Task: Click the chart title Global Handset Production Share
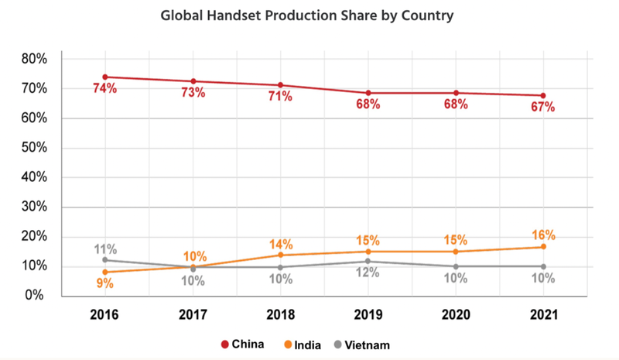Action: (x=309, y=14)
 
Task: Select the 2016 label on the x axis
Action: (x=104, y=317)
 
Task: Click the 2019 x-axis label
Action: (x=368, y=317)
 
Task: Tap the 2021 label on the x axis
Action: (x=542, y=317)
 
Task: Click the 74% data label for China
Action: (x=104, y=89)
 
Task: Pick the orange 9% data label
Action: (x=104, y=283)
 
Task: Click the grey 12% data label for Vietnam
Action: (x=368, y=273)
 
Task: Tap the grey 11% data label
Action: (x=104, y=249)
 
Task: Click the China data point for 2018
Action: (x=280, y=85)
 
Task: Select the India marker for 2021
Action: (x=542, y=247)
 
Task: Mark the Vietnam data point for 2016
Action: (x=104, y=260)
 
